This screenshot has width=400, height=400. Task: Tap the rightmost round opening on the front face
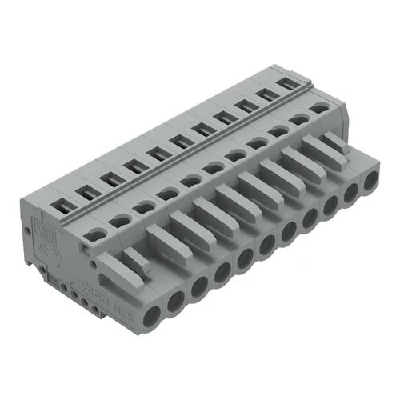coord(370,182)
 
